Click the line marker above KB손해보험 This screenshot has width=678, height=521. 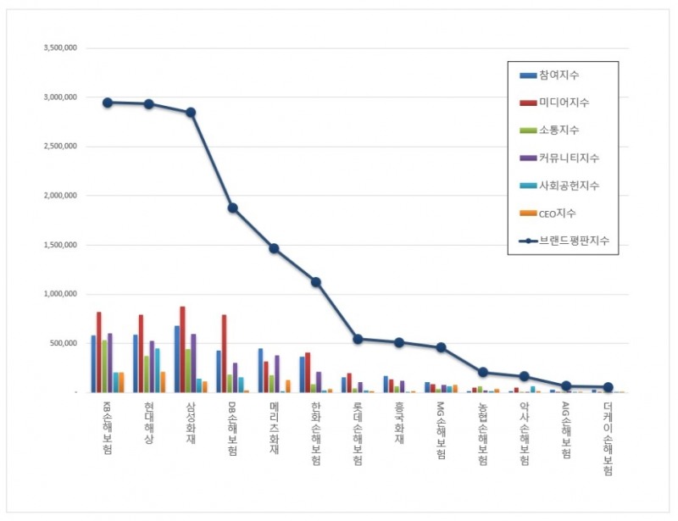(108, 103)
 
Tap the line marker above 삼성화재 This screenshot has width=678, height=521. (191, 112)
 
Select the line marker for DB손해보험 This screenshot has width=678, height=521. (232, 208)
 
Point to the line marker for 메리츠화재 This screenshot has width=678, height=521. (274, 248)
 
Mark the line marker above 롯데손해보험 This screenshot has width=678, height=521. (358, 339)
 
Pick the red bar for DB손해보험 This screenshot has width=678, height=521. (225, 353)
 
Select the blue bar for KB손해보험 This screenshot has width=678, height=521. (93, 363)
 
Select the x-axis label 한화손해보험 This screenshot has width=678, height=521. (315, 432)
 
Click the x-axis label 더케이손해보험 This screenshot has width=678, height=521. (607, 437)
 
